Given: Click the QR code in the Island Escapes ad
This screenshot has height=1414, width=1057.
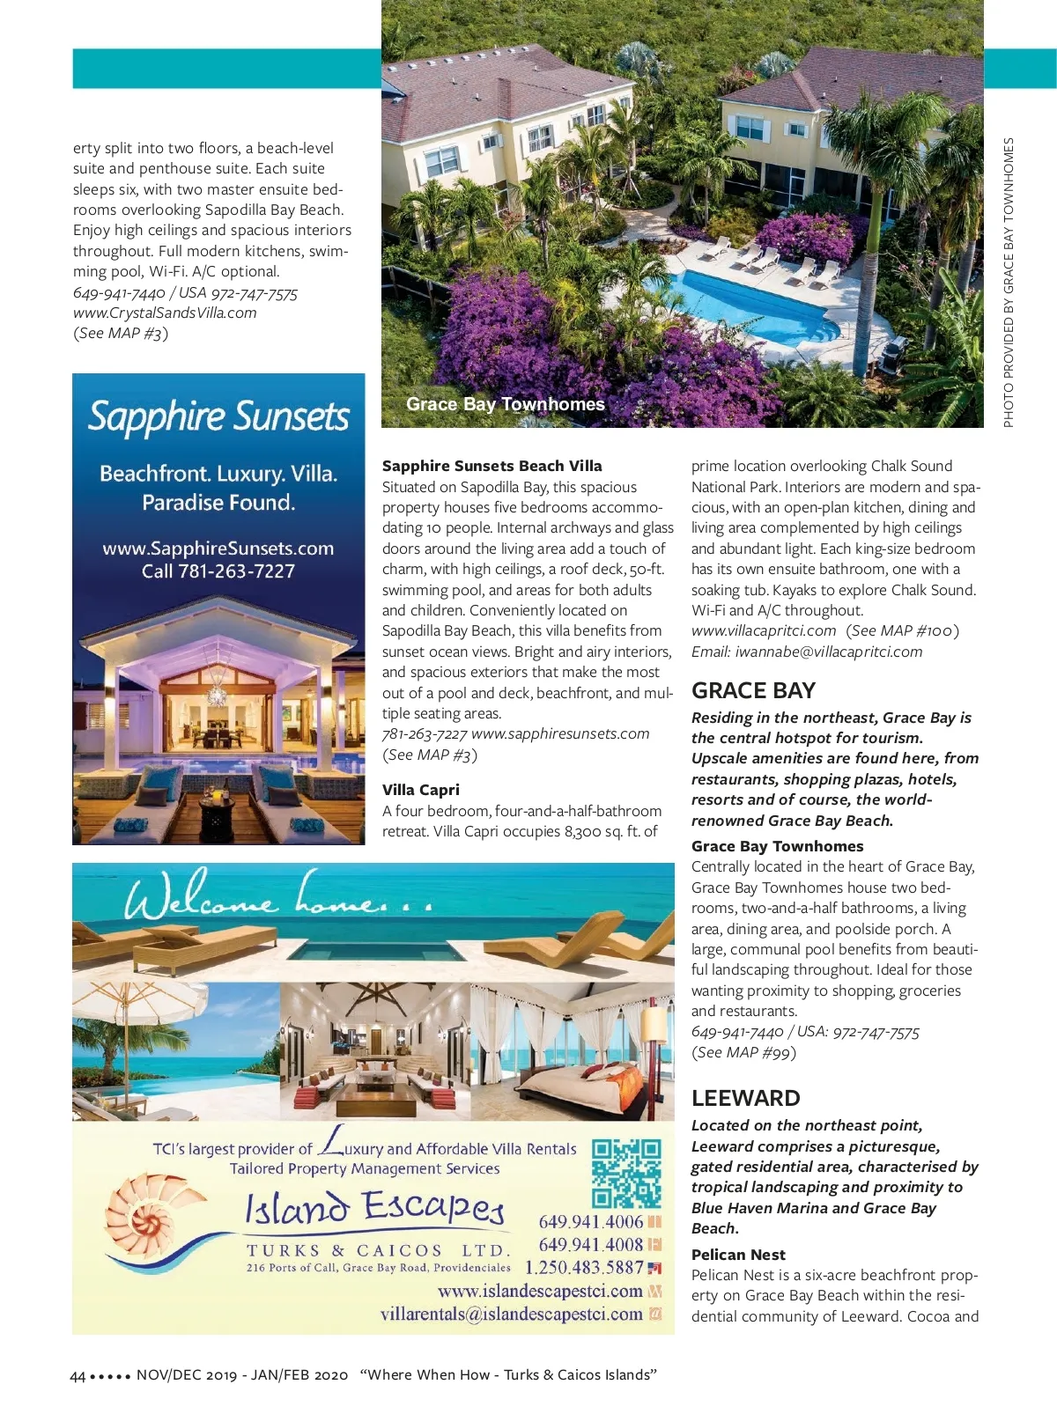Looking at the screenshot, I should click(x=625, y=1173).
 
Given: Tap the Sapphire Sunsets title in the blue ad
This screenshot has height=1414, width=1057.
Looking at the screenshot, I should click(x=218, y=416).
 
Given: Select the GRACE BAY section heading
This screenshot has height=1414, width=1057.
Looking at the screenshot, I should click(x=753, y=690).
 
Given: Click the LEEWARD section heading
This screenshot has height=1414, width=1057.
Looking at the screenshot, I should click(x=745, y=1098).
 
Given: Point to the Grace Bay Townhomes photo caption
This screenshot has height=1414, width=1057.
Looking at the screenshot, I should click(x=505, y=404).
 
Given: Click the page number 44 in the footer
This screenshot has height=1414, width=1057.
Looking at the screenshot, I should click(x=78, y=1375).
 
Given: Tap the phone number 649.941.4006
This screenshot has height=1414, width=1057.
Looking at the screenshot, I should click(x=590, y=1222).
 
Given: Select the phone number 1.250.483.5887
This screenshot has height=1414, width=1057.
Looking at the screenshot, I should click(x=584, y=1268).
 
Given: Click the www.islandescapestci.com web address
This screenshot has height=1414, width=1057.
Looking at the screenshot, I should click(x=540, y=1292).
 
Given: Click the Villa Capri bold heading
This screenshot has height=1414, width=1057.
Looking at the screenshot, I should click(x=420, y=790).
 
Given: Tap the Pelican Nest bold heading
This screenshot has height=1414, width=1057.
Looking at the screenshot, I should click(x=738, y=1255).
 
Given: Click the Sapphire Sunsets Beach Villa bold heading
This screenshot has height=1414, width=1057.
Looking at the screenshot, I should click(x=492, y=466).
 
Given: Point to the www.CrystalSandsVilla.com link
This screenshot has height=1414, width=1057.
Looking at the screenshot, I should click(x=165, y=313).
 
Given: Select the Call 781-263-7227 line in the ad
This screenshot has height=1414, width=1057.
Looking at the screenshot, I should click(x=218, y=571).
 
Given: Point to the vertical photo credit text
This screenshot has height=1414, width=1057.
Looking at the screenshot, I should click(x=1009, y=282).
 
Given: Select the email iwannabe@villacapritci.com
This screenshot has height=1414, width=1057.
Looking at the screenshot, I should click(x=806, y=652).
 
